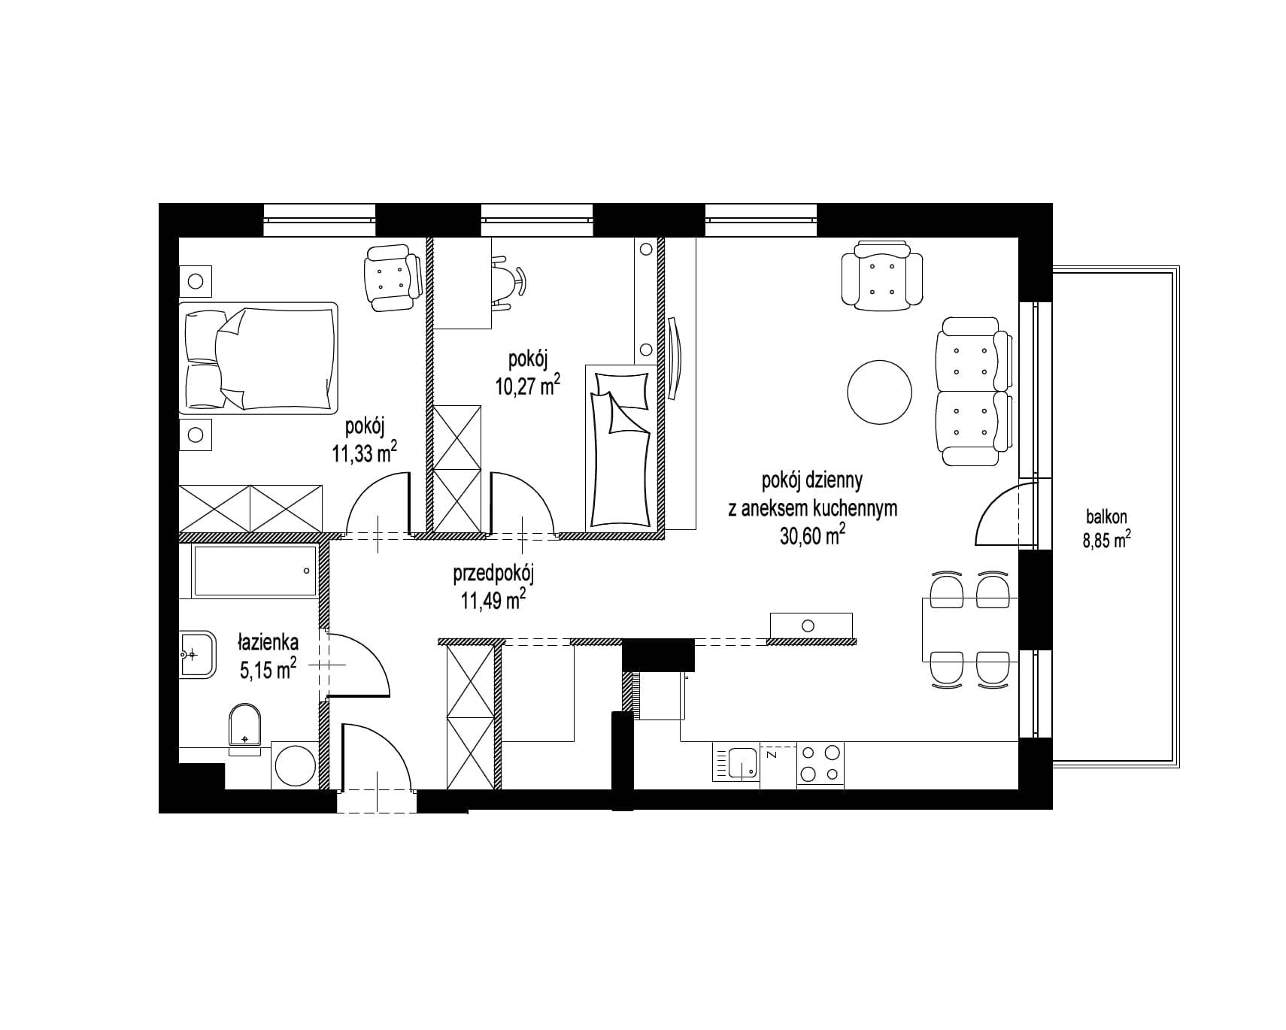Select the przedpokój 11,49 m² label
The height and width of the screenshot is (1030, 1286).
click(x=493, y=587)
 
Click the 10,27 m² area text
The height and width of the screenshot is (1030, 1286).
click(x=527, y=386)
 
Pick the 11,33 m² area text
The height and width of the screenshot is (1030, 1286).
click(x=364, y=453)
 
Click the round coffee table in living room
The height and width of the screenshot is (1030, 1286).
click(x=879, y=392)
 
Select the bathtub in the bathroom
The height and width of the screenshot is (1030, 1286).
click(x=255, y=571)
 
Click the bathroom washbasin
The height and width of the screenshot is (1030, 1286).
click(x=197, y=654)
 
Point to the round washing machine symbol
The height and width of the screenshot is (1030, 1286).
click(x=296, y=765)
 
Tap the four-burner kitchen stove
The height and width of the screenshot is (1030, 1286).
click(x=820, y=763)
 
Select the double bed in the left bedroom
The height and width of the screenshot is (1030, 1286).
click(x=258, y=358)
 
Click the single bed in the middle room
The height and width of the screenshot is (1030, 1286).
click(x=620, y=447)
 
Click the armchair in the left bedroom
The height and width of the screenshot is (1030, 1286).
click(x=393, y=280)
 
